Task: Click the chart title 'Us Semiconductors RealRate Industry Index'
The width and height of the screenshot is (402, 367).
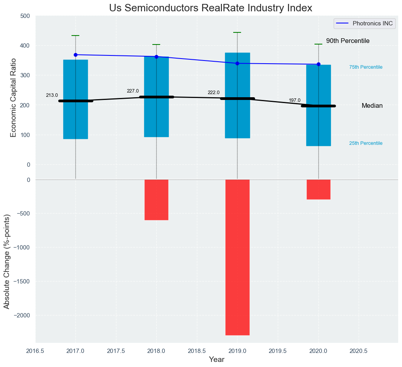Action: pos(211,8)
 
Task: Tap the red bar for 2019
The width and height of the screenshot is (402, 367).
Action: pos(237,257)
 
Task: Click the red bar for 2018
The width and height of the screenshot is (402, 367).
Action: pos(156,200)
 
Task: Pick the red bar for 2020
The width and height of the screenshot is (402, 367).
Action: pos(318,189)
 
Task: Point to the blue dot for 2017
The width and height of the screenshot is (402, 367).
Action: pos(75,55)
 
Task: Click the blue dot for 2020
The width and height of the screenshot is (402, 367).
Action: pos(318,64)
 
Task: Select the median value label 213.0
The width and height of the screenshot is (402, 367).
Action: pos(52,95)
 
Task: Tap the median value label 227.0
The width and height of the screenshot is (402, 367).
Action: pos(133,91)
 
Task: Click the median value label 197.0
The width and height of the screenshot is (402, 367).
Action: pos(295,100)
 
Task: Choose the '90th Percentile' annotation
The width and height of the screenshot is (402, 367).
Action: pos(348,41)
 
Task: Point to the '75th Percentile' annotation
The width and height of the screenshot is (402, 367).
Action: pos(366,67)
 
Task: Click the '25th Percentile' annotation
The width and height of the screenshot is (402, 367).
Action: pos(366,143)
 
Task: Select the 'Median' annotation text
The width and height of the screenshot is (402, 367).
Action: pos(372,106)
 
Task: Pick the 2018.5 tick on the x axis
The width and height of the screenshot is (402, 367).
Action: pos(197,351)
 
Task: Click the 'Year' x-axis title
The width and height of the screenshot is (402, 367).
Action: pos(216,360)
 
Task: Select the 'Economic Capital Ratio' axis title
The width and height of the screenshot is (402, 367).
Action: pos(13,98)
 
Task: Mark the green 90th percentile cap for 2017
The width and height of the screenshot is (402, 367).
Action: pos(75,36)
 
